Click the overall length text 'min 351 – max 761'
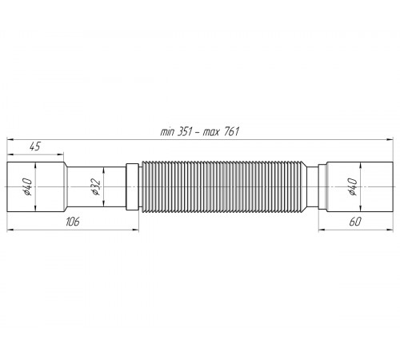(x=199, y=132)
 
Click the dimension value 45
(x=34, y=146)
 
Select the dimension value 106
(x=73, y=222)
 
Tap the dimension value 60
(x=355, y=222)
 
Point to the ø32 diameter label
(x=96, y=186)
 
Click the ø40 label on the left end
(x=28, y=186)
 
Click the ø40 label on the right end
(x=353, y=186)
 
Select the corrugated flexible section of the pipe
(x=224, y=186)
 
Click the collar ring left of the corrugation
(x=132, y=186)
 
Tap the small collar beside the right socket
(x=322, y=186)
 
